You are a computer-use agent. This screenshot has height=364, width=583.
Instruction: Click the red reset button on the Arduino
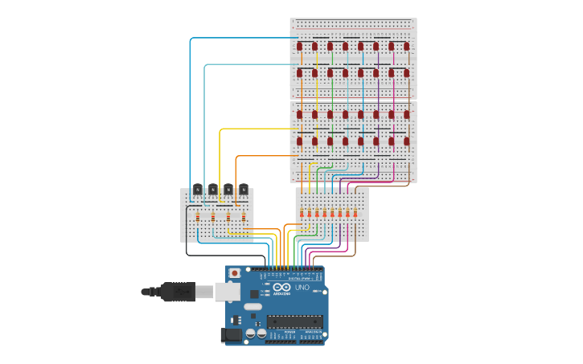click(x=234, y=273)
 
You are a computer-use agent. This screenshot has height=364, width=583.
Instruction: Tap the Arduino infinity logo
click(x=281, y=287)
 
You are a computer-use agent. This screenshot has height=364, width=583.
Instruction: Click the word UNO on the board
click(x=302, y=287)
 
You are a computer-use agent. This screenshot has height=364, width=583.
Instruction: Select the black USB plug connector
click(x=178, y=292)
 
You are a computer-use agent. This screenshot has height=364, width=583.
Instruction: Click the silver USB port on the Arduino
click(x=228, y=291)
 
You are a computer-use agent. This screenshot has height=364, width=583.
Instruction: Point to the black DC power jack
click(x=232, y=335)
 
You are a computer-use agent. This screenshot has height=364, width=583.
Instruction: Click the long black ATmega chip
click(x=294, y=321)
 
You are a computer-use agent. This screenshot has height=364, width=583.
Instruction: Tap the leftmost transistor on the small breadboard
click(x=198, y=190)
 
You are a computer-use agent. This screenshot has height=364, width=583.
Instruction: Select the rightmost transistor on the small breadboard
click(x=244, y=190)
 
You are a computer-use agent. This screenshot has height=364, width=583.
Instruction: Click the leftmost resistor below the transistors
click(x=198, y=216)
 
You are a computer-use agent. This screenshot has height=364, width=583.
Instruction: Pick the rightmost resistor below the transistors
click(x=244, y=216)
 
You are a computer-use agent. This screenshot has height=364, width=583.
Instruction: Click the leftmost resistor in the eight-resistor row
click(x=302, y=213)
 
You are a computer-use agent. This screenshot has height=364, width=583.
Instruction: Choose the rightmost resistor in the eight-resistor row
click(x=355, y=213)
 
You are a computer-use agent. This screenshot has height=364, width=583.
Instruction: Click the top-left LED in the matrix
click(x=300, y=46)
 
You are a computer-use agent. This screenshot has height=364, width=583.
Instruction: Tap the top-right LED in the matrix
click(x=407, y=46)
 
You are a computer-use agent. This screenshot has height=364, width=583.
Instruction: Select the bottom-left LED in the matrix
click(x=300, y=141)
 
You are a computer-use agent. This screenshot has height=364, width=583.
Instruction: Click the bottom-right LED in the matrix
click(x=407, y=141)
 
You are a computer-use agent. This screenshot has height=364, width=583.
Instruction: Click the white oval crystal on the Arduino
click(x=253, y=306)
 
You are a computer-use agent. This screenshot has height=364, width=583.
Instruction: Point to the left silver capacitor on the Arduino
click(x=251, y=332)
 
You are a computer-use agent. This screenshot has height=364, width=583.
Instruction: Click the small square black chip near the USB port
click(x=255, y=293)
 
